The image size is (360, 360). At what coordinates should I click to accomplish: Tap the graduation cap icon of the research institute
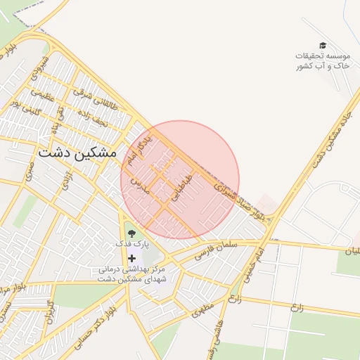pos(323,45)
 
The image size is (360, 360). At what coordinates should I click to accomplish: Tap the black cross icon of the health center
pos(131,259)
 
